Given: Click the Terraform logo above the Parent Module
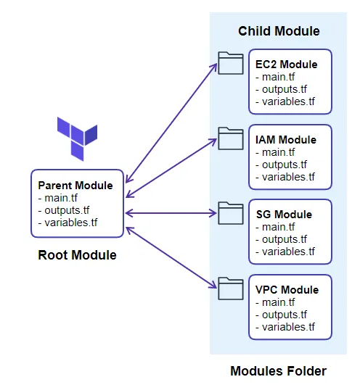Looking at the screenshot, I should (77, 138).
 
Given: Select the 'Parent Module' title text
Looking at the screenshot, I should (75, 186).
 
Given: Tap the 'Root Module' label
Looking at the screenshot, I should (77, 255).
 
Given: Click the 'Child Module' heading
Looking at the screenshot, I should (279, 31).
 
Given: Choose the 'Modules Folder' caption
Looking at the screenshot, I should (278, 371).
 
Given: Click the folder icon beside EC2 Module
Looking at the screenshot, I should (231, 63).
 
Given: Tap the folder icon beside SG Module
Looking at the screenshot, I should (231, 213).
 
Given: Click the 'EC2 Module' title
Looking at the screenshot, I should (286, 65).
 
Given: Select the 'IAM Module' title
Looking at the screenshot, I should (286, 140).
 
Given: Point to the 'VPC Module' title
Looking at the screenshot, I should (286, 290).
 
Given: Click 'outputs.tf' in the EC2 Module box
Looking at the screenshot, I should (283, 89).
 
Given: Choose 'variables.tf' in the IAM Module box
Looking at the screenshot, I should (288, 177).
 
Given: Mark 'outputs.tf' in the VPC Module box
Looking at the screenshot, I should (283, 315).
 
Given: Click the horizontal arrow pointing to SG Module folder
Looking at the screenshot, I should (171, 212).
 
